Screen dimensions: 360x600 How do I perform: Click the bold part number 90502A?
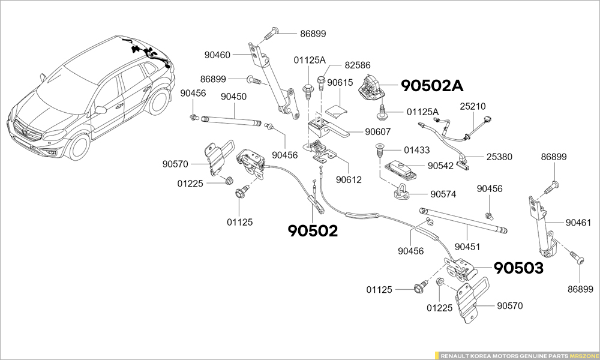tap(432, 86)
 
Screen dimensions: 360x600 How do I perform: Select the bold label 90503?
tap(518, 268)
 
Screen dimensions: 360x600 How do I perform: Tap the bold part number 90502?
tap(313, 230)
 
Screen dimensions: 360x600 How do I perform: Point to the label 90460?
tap(217, 55)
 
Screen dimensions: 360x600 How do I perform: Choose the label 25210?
tap(472, 106)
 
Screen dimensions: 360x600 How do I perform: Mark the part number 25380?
tap(499, 157)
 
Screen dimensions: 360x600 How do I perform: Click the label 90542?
tap(440, 165)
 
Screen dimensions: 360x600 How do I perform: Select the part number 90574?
tap(443, 194)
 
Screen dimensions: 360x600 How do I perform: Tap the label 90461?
tap(578, 223)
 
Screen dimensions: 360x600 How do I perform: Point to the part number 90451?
tap(467, 246)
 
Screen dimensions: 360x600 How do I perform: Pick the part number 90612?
tap(348, 179)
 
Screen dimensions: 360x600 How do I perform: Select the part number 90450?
tap(233, 96)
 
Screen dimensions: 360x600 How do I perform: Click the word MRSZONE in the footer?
tap(584, 355)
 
